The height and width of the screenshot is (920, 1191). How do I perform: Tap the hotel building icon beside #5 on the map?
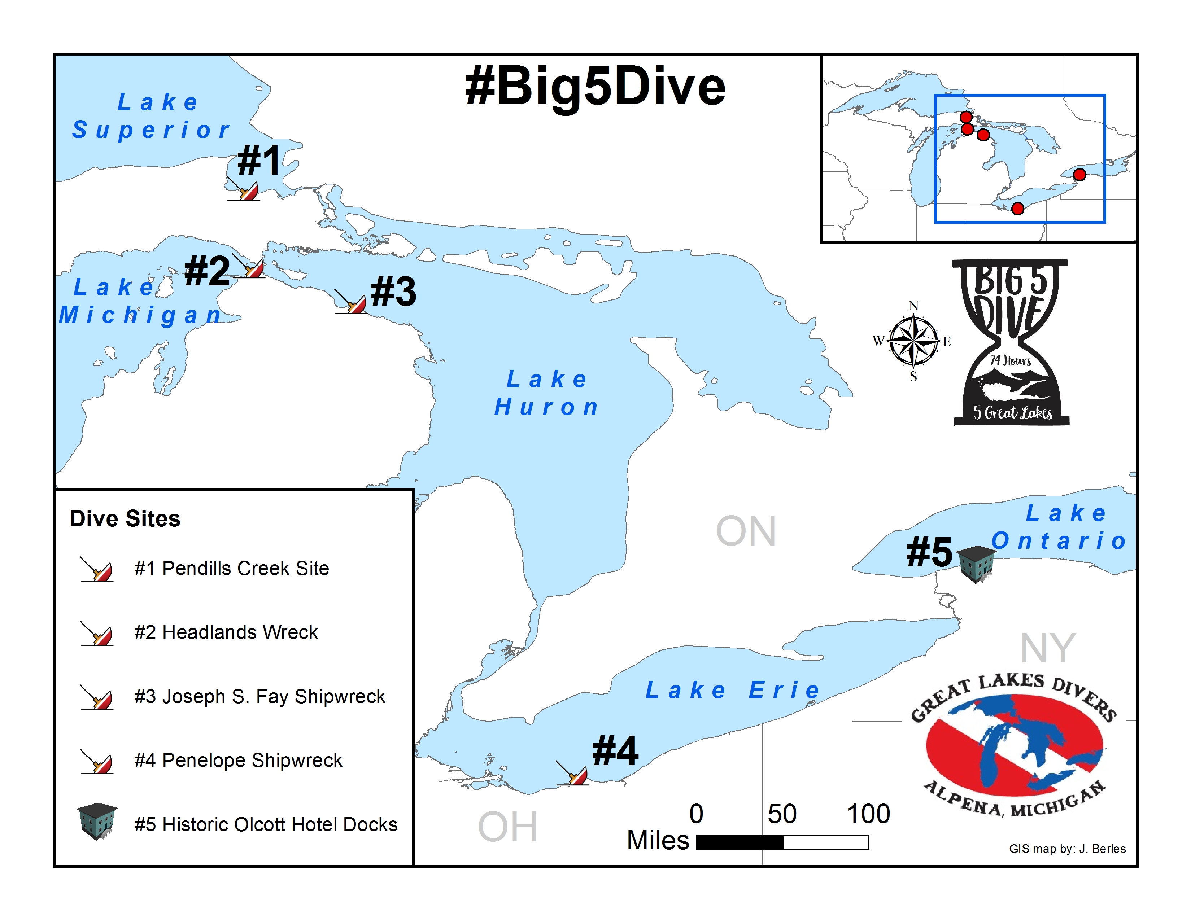pos(976,564)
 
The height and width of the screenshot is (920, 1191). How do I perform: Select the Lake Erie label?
pos(732,690)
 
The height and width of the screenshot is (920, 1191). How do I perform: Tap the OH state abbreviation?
pos(508,827)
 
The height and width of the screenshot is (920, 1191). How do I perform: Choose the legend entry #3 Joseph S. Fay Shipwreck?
pos(259,697)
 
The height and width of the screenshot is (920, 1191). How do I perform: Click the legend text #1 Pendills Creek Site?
pos(232,569)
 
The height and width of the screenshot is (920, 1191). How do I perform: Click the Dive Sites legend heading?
pos(125,519)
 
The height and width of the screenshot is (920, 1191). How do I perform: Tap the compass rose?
pos(913,341)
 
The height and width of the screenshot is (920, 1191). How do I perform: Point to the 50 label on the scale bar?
pos(781,814)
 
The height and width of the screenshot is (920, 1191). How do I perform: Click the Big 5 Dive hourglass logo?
pos(1011,342)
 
